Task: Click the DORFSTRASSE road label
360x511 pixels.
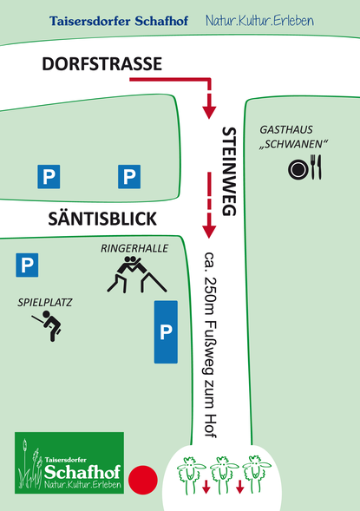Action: coord(102,64)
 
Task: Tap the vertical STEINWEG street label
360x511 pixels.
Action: coord(229,172)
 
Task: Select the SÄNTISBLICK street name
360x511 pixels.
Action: coord(102,219)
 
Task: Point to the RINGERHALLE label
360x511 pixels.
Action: coord(134,248)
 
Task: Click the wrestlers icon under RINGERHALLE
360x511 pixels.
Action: coord(137,274)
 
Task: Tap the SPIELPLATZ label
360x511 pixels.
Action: coord(44,303)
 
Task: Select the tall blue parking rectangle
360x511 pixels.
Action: coord(166,332)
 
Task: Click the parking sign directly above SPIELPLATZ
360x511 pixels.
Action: coord(27,265)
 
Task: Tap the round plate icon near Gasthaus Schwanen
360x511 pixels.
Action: coord(298,170)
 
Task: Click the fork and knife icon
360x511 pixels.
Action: coord(316,167)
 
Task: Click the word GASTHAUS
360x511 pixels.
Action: coord(286,130)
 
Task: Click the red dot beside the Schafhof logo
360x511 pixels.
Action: coord(143,480)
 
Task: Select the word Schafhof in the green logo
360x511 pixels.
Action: coord(82,472)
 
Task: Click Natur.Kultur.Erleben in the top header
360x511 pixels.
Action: coord(259,21)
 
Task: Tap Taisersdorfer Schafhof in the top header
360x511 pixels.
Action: coord(119,21)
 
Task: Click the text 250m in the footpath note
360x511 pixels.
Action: coord(209,296)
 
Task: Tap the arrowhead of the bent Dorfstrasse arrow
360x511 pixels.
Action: coord(209,113)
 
